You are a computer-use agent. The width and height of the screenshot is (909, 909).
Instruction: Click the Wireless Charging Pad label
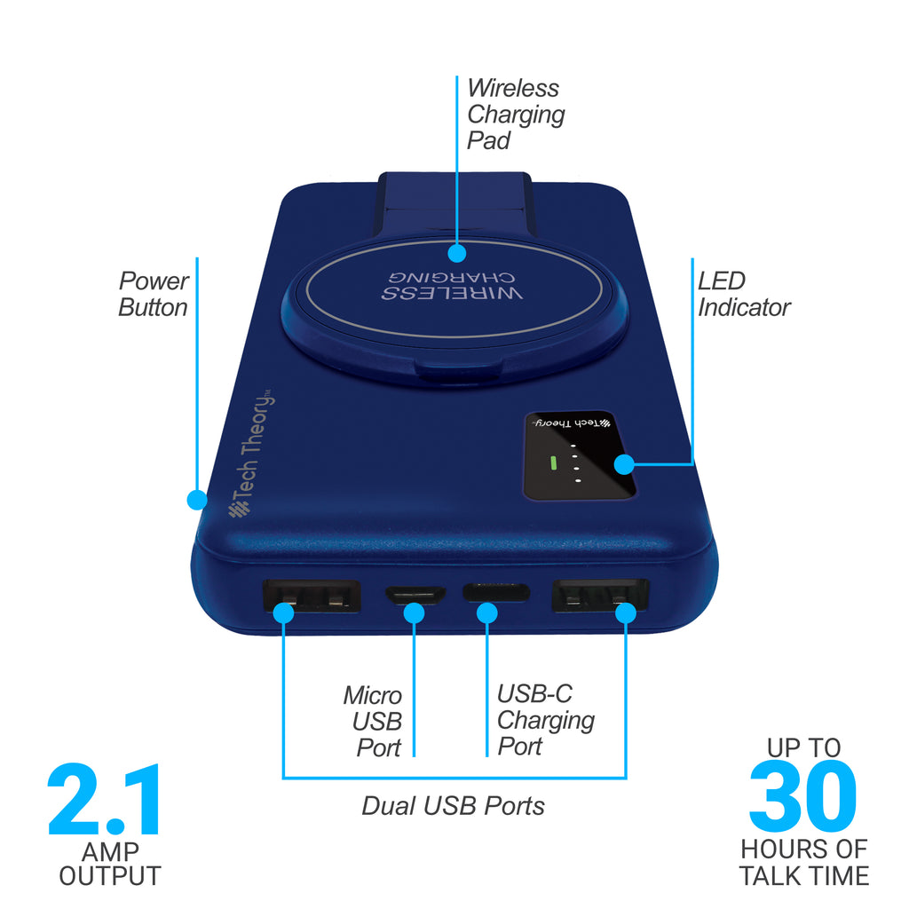pos(516,115)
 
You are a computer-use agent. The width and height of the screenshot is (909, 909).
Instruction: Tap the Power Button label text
pos(154,294)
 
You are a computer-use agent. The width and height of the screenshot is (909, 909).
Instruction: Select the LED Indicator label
pos(744,294)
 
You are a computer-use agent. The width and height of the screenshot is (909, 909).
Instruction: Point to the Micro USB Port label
pos(373,721)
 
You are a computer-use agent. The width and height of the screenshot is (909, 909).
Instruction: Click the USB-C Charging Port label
pos(546,719)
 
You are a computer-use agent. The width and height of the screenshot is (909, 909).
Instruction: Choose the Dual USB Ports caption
pos(454,806)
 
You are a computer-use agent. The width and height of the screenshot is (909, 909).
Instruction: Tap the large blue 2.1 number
pos(105,800)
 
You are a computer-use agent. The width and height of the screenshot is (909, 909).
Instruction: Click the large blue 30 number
pos(802,795)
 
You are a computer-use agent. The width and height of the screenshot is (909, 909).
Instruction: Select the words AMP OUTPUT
pos(110,864)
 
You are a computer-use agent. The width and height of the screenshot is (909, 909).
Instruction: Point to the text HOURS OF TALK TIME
pos(804,862)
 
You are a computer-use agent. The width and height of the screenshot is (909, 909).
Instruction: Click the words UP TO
pos(803,747)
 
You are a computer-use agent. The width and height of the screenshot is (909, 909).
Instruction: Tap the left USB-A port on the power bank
pos(312,596)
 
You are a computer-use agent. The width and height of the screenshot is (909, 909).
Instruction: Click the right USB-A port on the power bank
pos(599,595)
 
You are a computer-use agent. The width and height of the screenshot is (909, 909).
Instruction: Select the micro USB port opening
pos(415,595)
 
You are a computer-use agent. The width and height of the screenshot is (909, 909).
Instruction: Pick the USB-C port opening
pos(495,592)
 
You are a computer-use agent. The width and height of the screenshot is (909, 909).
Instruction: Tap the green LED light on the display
pos(553,462)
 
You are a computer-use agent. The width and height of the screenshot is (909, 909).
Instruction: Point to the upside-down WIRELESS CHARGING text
pos(452,285)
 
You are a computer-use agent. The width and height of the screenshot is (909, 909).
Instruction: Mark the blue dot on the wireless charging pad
pos(457,253)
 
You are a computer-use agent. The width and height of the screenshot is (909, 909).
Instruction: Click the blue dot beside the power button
pos(197,500)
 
